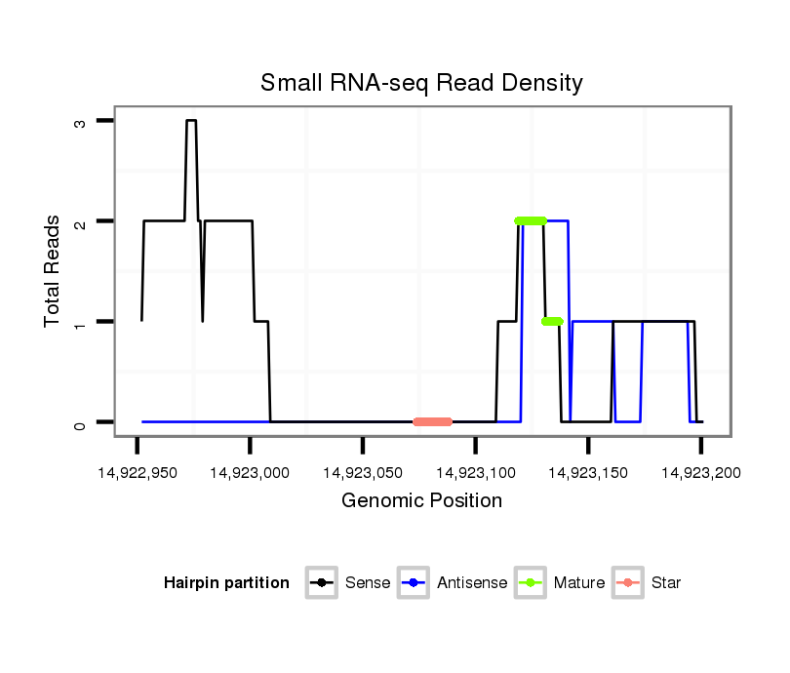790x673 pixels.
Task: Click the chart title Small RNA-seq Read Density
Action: (x=421, y=83)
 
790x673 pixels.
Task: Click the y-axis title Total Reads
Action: (x=53, y=271)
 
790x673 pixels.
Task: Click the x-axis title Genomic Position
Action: (x=421, y=501)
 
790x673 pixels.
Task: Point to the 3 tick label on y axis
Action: (x=79, y=122)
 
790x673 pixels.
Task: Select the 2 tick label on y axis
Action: (x=79, y=222)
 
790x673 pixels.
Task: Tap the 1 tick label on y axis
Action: (x=79, y=323)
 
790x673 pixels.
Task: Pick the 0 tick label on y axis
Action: (x=79, y=423)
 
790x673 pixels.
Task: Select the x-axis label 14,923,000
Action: (x=250, y=473)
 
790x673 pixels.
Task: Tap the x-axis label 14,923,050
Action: (x=363, y=473)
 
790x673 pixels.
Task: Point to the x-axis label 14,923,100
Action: (x=475, y=473)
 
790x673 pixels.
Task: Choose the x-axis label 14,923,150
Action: (x=588, y=473)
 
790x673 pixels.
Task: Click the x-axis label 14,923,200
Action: (x=700, y=473)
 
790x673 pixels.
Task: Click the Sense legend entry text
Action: (x=368, y=583)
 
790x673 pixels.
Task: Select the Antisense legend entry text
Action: (x=472, y=583)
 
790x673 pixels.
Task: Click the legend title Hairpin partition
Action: (x=226, y=583)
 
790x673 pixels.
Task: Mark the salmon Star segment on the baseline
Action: (x=432, y=422)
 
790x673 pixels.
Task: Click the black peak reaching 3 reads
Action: (x=191, y=121)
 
